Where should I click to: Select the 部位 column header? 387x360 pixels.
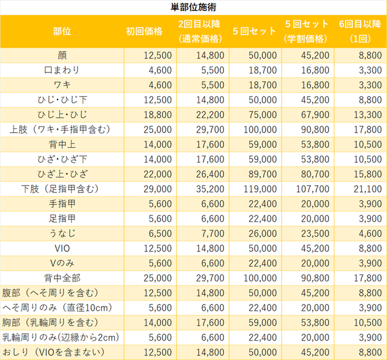pyautogui.click(x=62, y=31)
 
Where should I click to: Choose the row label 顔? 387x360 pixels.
pyautogui.click(x=62, y=55)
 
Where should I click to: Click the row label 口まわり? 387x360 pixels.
pyautogui.click(x=62, y=70)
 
